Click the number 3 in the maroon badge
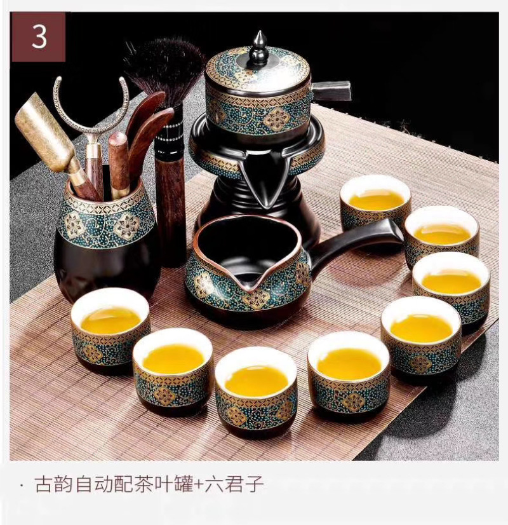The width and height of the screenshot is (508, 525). coord(39,37)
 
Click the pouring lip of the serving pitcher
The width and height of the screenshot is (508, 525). coord(255,285)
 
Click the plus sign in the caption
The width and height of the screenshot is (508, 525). coord(199,484)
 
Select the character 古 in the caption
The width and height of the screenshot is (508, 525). coord(44,484)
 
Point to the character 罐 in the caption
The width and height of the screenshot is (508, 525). coord(184,484)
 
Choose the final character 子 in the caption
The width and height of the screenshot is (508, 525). coord(254,484)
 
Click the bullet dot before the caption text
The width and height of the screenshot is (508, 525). coord(22,484)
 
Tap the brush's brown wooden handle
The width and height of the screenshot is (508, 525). coord(171,208)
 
